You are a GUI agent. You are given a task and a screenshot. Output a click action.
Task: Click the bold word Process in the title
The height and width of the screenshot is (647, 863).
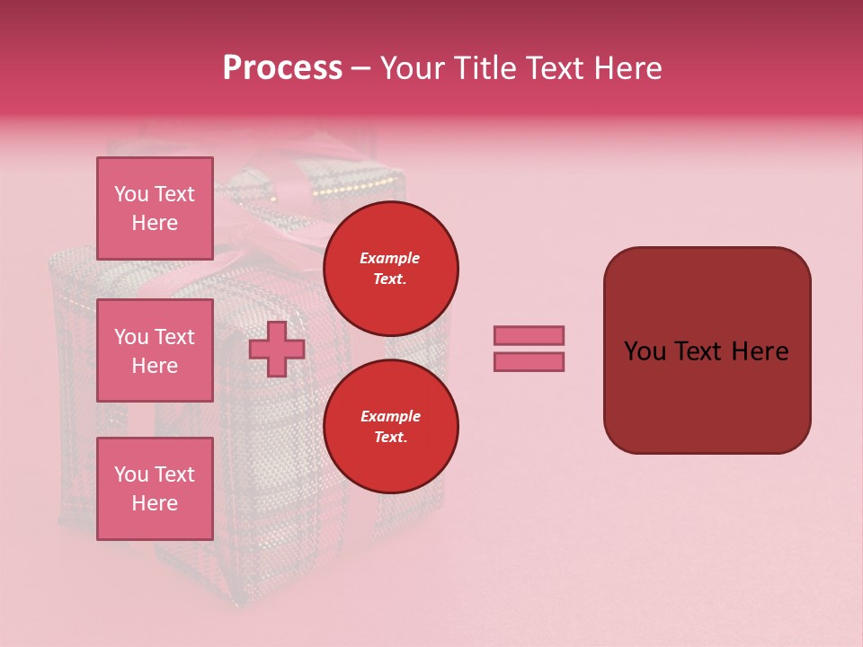coord(282,68)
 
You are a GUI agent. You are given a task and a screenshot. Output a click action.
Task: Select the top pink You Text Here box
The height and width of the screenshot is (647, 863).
coord(155,208)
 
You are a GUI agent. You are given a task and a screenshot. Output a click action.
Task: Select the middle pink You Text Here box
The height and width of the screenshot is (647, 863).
coord(155,350)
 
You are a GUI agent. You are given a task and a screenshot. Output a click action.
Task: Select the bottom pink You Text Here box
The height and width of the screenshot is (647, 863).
coord(155,488)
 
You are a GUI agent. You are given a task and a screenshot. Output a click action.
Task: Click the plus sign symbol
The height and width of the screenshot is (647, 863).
coord(277,350)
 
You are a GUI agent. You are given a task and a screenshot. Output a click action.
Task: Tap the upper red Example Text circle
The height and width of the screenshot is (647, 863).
coord(390,268)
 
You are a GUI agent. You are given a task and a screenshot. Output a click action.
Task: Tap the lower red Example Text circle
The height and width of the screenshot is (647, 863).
coord(390,426)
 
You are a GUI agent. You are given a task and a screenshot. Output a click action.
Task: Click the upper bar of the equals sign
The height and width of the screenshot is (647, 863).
coord(529,336)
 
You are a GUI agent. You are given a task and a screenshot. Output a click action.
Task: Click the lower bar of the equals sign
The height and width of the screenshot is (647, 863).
coord(529,362)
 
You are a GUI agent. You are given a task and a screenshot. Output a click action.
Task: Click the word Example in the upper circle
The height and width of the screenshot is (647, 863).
coord(390,258)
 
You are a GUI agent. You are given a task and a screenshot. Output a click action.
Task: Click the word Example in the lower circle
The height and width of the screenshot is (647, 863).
coord(390,416)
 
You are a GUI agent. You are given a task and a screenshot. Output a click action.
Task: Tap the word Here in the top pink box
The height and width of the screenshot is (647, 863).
coord(155,223)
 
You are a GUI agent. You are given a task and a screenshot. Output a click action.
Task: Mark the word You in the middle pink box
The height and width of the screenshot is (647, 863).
coord(130,337)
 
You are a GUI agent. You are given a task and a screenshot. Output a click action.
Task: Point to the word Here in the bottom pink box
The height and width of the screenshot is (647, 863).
coord(155,503)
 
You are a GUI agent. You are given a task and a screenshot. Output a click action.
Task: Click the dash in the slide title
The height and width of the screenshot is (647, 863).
coord(360,68)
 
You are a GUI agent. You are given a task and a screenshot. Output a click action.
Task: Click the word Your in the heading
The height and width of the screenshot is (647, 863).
coord(414,68)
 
